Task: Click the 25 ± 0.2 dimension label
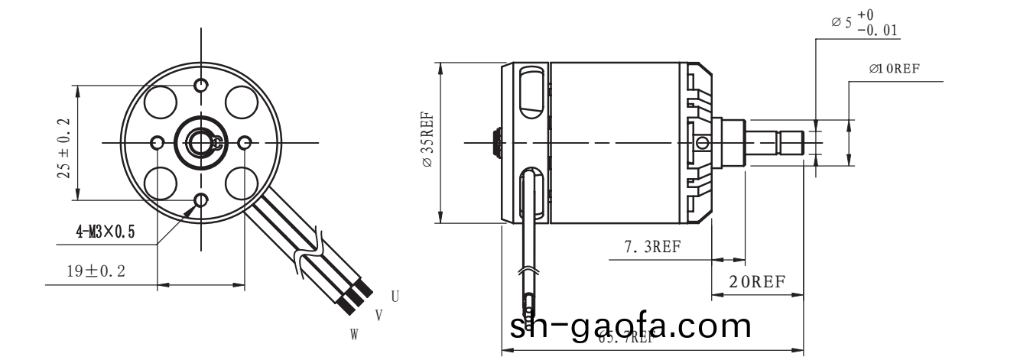[x=63, y=148]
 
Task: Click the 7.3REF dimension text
[x=652, y=246]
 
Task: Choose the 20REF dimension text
[x=757, y=281]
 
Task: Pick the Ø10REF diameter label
[x=894, y=69]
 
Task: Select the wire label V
[x=379, y=315]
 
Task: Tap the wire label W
[x=354, y=335]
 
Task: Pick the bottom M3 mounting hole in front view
[x=201, y=201]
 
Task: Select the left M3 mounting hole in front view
[x=158, y=142]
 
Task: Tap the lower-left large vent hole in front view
[x=161, y=183]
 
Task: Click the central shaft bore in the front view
[x=201, y=142]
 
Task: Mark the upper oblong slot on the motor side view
[x=529, y=92]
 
